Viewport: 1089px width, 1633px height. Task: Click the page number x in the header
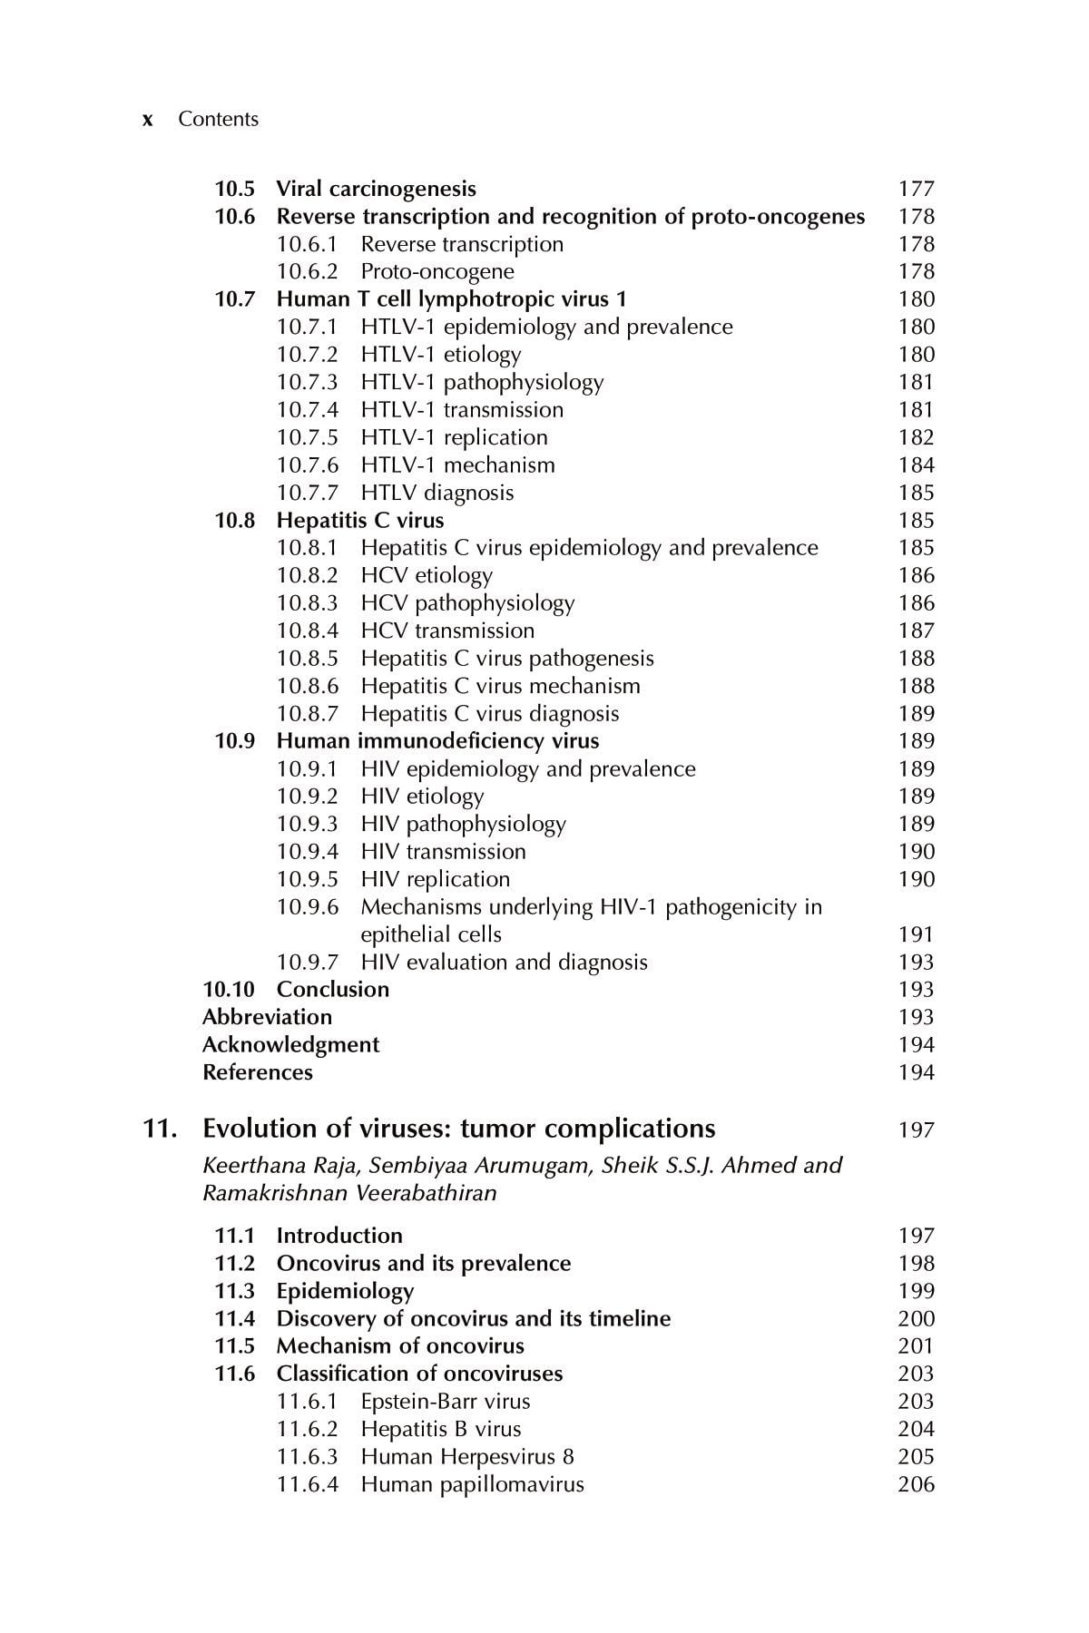[x=147, y=120]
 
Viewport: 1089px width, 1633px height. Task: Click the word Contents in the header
[x=218, y=120]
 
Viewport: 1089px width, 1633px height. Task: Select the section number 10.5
[x=234, y=189]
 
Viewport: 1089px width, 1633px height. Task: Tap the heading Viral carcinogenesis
[x=376, y=189]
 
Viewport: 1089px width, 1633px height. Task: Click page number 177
[x=916, y=189]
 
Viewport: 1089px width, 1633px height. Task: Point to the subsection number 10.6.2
[x=307, y=271]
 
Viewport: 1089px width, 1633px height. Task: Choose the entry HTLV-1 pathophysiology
[x=481, y=382]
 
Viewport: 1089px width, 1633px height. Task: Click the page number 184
[x=916, y=465]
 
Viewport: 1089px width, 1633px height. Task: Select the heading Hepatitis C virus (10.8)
[x=359, y=521]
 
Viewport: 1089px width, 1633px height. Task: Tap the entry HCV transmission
[x=447, y=631]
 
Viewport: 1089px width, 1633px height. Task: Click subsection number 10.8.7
[x=307, y=714]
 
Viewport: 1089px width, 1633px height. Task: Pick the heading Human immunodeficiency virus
[x=437, y=741]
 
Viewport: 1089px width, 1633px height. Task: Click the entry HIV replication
[x=435, y=879]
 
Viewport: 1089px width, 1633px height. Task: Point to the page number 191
[x=916, y=934]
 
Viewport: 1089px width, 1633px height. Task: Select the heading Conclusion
[x=332, y=990]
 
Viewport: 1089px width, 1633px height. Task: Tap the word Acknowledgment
[x=290, y=1045]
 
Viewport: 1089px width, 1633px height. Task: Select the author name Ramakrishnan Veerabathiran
[x=349, y=1193]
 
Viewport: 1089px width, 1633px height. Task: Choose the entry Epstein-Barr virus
[x=445, y=1402]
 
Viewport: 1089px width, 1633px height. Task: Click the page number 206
[x=916, y=1485]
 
